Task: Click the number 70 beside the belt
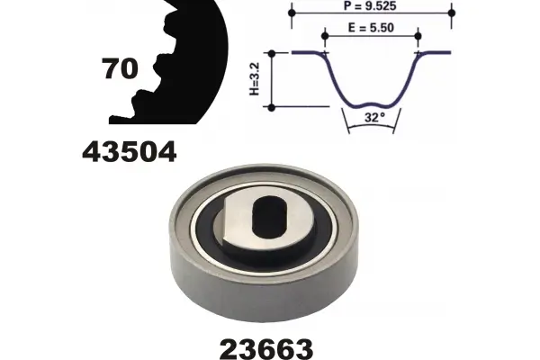121,68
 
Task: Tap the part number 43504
129,152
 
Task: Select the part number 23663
265,348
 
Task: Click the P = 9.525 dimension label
370,5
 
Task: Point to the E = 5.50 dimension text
371,28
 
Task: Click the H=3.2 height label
254,79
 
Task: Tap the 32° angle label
374,118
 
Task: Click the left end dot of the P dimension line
292,13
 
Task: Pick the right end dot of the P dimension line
452,13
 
